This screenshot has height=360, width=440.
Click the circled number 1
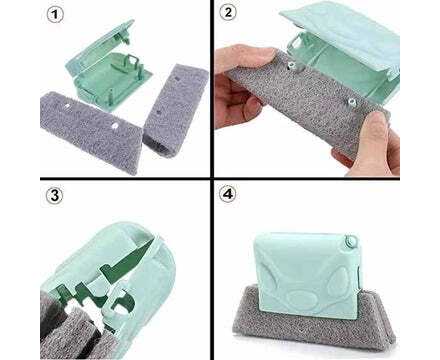[x=54, y=15]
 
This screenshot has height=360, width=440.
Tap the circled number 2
[x=228, y=13]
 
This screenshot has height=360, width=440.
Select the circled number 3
[x=54, y=196]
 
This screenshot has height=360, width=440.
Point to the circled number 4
[x=227, y=194]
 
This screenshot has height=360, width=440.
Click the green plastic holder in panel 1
[x=108, y=66]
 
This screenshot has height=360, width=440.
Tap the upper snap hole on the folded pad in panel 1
[x=177, y=79]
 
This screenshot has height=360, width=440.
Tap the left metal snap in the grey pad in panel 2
[x=290, y=65]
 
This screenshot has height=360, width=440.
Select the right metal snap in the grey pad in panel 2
[x=351, y=100]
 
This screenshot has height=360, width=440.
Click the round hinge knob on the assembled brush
[x=351, y=240]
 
